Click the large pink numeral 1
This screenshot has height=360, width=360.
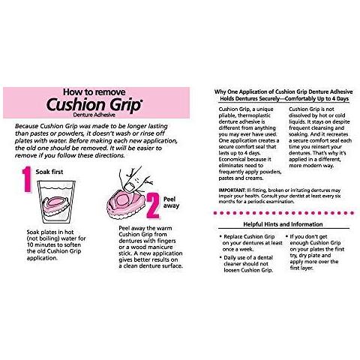click(27, 179)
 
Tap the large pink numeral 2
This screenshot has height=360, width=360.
click(153, 205)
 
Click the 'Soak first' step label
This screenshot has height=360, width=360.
click(49, 172)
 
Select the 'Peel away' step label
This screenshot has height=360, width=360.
click(171, 202)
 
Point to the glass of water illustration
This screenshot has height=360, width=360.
click(56, 202)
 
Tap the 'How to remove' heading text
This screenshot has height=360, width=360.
click(94, 91)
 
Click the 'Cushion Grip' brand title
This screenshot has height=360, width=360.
click(94, 104)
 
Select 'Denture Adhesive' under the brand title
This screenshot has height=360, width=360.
click(94, 115)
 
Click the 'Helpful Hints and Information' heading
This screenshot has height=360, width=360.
click(283, 224)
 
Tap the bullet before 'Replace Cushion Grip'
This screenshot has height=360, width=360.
click(220, 236)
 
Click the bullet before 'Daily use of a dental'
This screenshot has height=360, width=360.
click(220, 257)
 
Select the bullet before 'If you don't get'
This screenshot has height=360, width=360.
click(286, 236)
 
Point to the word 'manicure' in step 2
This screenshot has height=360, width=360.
click(162, 247)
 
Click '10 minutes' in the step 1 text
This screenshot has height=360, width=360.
click(41, 244)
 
